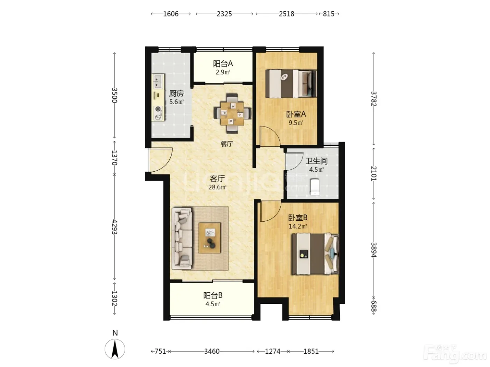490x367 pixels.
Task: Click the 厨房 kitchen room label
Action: [x=176, y=93]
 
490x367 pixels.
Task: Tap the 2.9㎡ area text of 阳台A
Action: [x=223, y=72]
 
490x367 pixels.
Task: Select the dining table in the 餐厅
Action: [x=232, y=113]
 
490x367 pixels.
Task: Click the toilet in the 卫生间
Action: [x=315, y=187]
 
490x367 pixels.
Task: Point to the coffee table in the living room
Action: [x=210, y=238]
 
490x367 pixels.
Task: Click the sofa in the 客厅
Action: [x=182, y=239]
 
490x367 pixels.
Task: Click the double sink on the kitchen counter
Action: [x=158, y=82]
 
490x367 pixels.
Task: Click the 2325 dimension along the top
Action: [x=224, y=14]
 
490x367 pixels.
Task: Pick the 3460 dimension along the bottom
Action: [x=212, y=351]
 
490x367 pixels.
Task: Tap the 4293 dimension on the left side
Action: [x=114, y=227]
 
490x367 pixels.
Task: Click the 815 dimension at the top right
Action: [x=329, y=14]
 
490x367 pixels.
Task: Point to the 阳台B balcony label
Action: [x=213, y=295]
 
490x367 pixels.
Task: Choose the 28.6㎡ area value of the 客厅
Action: [x=217, y=187]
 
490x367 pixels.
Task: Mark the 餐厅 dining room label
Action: [x=226, y=144]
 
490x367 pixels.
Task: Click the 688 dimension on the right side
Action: [x=374, y=307]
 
